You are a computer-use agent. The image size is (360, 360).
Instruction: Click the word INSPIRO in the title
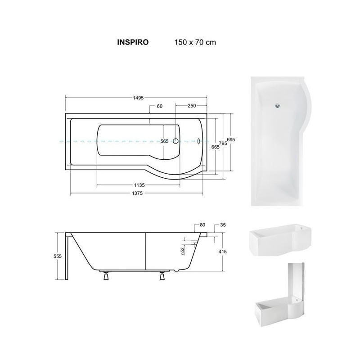tap(133, 42)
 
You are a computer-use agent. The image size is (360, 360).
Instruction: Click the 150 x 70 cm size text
tap(195, 42)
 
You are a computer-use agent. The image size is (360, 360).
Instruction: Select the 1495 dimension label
tap(138, 98)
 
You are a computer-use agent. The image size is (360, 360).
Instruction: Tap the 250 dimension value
tap(192, 106)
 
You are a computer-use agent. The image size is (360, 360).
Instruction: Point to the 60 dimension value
tap(160, 106)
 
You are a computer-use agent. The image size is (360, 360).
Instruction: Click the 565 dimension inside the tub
tap(164, 141)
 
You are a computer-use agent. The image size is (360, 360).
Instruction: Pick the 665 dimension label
tap(216, 147)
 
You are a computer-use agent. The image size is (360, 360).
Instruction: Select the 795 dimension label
tap(223, 143)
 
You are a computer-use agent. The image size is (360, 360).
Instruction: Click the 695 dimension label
tap(231, 139)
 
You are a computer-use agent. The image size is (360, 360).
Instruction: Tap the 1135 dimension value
tap(139, 185)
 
